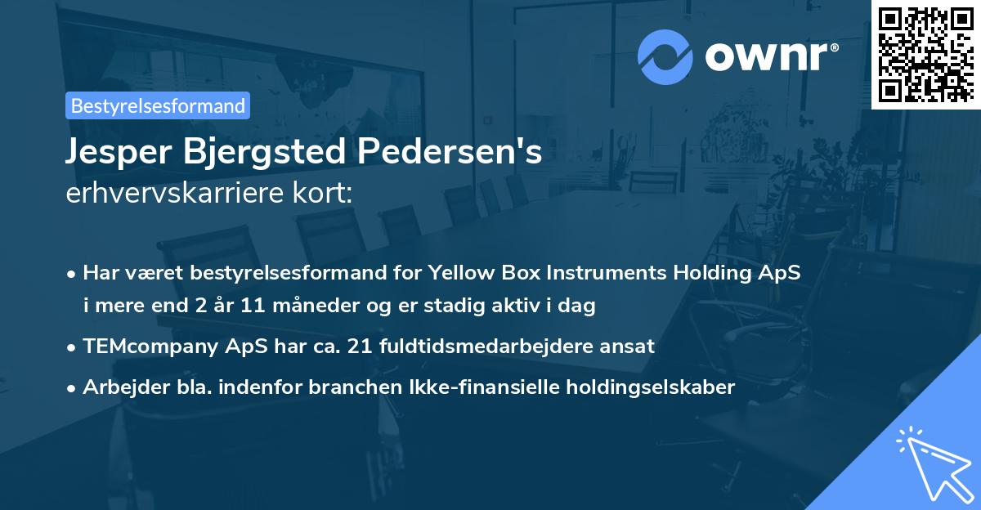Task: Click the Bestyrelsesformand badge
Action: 158,105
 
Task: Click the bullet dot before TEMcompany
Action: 73,347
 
